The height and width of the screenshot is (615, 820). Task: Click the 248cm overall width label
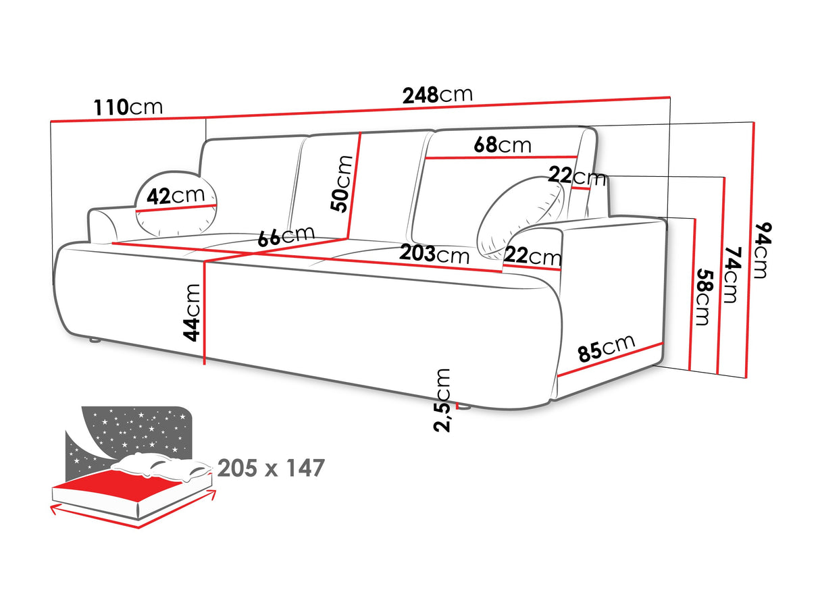point(437,95)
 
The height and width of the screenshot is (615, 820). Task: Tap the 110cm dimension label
point(128,107)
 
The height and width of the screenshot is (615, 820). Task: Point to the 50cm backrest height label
point(343,184)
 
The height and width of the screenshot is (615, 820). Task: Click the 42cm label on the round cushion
point(176,196)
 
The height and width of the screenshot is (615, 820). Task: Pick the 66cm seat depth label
point(286,236)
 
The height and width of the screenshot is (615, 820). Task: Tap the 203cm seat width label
point(434,255)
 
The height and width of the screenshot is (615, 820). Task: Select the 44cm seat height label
point(193,312)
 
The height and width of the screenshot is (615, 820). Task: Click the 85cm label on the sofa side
point(606,348)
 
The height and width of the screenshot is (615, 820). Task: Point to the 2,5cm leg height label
point(442,400)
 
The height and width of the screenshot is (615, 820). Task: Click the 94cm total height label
point(761,250)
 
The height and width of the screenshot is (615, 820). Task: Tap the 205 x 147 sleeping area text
point(271,467)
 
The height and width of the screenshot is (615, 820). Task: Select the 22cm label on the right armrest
point(533,257)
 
